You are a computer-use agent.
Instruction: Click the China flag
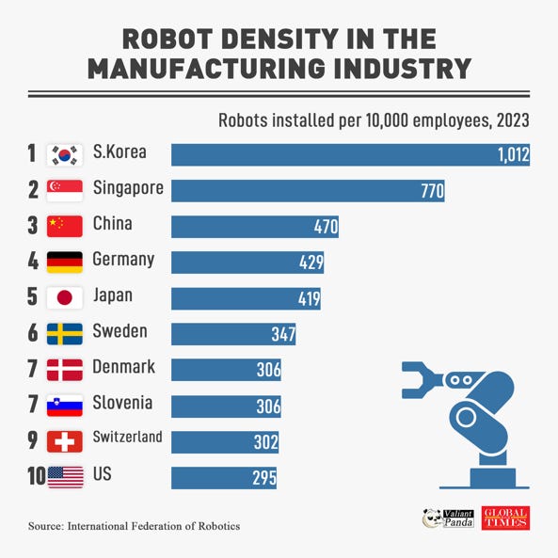tap(66, 227)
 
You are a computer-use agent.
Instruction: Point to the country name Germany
tap(123, 259)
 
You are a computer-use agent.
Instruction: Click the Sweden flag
tap(66, 334)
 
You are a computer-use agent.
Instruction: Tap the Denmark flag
tap(66, 370)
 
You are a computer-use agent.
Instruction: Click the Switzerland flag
tap(66, 441)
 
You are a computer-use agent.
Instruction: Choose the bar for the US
tap(224, 478)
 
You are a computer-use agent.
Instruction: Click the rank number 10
tap(37, 476)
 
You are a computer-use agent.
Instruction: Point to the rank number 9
tap(32, 440)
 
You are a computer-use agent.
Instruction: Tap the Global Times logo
tap(505, 518)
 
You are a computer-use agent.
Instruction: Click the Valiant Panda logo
tap(447, 518)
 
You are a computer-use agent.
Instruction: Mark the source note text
tap(134, 525)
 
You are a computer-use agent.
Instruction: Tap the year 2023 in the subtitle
tap(509, 120)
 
